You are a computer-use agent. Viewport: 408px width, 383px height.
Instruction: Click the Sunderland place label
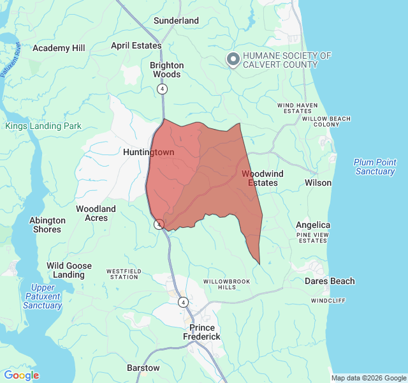(x=177, y=20)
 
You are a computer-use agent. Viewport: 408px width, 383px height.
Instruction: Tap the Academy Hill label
(x=59, y=48)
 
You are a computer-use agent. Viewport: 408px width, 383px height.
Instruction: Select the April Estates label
(x=136, y=45)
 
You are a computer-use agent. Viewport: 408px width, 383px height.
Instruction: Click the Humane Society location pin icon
(x=233, y=60)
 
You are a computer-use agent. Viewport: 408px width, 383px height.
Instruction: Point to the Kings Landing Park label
(x=43, y=126)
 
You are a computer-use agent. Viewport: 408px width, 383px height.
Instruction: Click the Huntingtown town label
(x=149, y=153)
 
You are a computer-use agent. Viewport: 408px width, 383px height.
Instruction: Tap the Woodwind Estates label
(x=262, y=178)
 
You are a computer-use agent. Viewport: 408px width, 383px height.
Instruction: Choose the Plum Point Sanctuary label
(x=375, y=167)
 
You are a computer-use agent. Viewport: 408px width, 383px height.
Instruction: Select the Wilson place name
(x=318, y=183)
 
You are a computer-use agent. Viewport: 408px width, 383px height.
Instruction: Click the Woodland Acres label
(x=96, y=213)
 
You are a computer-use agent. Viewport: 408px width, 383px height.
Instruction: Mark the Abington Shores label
(x=47, y=225)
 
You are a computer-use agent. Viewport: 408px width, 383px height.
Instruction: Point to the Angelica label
(x=313, y=225)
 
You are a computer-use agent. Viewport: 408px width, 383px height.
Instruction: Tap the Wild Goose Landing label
(x=69, y=270)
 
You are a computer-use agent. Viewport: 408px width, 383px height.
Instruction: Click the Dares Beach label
(x=330, y=281)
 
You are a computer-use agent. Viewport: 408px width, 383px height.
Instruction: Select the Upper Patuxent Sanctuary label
(x=43, y=296)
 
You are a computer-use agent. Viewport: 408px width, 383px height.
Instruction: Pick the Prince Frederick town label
(x=201, y=332)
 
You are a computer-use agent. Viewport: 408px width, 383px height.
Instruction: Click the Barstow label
(x=143, y=368)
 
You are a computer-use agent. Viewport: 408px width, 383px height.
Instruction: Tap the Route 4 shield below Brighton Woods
(x=163, y=89)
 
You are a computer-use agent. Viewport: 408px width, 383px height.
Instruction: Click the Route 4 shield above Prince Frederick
(x=184, y=302)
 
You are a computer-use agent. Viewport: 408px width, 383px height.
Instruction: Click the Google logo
(x=21, y=375)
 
